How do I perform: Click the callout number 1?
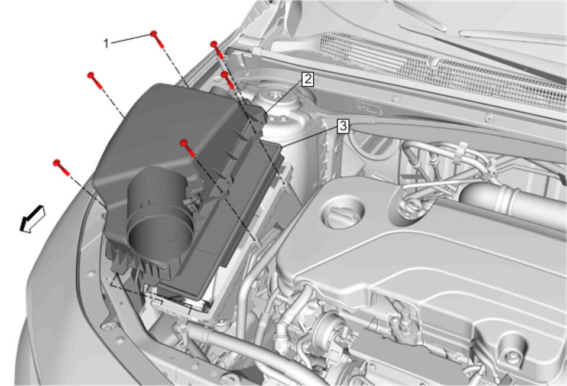tap(106, 44)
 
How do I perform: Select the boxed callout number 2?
tap(307, 79)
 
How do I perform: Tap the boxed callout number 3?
tap(343, 126)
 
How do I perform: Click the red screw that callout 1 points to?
tap(157, 39)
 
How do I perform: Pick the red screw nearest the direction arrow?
tap(61, 167)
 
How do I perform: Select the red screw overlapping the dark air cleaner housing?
tap(187, 147)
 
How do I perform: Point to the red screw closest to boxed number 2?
tap(228, 80)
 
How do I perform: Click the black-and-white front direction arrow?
tap(32, 219)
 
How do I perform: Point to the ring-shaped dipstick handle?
tap(411, 207)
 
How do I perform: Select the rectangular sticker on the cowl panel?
tap(369, 106)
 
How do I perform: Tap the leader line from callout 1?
tap(131, 38)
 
